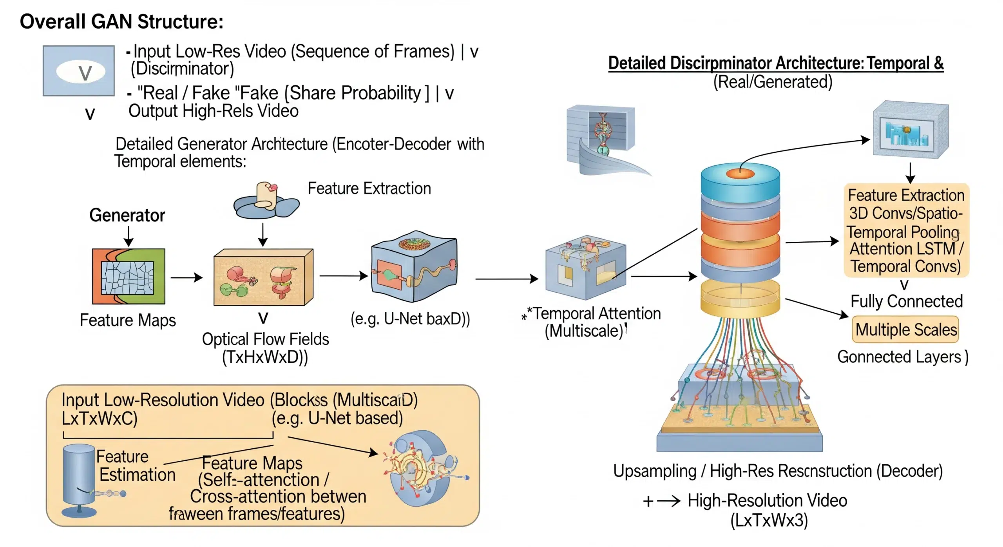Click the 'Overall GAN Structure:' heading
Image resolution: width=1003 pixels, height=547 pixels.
pos(121,22)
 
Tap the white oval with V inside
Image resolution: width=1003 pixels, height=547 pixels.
pos(81,72)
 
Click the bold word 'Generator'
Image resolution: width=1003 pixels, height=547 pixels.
pos(127,215)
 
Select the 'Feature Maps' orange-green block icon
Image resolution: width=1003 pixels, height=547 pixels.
pos(129,277)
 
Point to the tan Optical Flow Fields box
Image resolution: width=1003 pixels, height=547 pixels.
pos(263,277)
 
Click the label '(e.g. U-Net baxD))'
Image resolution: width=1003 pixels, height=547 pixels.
pos(410,319)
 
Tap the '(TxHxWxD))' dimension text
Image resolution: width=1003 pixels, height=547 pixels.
pos(265,357)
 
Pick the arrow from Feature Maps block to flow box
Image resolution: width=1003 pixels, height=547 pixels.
pos(186,277)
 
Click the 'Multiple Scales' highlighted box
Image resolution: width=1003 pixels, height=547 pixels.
pos(905,330)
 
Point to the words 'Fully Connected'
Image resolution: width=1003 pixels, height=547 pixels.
pos(906,301)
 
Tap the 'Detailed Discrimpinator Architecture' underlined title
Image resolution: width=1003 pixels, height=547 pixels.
pos(776,63)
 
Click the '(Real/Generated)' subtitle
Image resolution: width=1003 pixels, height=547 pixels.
pos(772,82)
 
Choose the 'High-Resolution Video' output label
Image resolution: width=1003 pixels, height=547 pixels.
pos(767,500)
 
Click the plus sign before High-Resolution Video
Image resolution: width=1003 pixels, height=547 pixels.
pos(648,501)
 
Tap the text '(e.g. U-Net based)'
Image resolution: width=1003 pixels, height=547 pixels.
pos(337,418)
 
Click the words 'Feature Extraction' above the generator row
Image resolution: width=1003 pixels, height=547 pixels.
pos(369,188)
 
